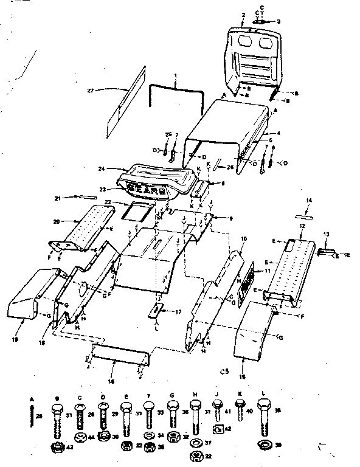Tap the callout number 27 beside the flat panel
pos(91,91)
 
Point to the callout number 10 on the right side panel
pos(244,240)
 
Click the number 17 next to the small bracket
pos(178,312)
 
